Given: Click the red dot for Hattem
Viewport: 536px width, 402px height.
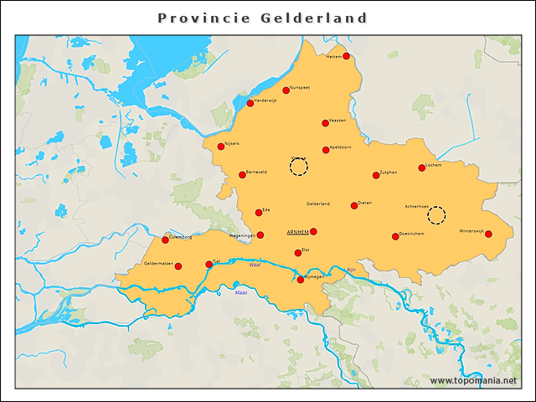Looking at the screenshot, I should click(x=346, y=56).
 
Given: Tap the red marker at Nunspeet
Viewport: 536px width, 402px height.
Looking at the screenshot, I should click(x=286, y=90).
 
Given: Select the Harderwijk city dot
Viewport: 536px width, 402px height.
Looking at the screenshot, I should click(x=250, y=103).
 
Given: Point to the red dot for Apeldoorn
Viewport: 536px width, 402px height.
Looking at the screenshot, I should click(x=326, y=150).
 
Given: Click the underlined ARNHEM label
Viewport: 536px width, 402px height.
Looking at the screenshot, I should click(x=297, y=231).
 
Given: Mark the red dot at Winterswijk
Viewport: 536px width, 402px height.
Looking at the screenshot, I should click(x=488, y=234).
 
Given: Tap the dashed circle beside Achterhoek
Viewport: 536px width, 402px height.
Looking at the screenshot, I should click(x=436, y=216).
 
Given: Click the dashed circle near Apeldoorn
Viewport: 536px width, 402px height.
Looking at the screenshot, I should click(x=299, y=167).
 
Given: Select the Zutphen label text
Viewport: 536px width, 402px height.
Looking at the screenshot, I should click(x=389, y=172).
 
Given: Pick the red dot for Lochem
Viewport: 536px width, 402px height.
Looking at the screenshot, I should click(x=422, y=167).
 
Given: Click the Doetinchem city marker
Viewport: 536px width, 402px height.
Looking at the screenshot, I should click(x=395, y=236).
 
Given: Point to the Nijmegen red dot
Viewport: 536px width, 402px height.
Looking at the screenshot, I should click(x=301, y=280).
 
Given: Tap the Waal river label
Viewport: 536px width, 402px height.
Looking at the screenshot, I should click(x=255, y=265).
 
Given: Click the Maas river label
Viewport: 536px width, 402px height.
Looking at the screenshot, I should click(x=241, y=293).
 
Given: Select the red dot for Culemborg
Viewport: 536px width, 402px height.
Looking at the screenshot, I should click(x=165, y=240).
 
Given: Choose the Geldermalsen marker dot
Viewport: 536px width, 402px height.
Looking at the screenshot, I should click(x=178, y=266).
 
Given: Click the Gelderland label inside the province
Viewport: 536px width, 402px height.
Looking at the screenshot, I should click(x=318, y=204).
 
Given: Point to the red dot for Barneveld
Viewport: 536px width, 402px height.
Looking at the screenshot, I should click(x=242, y=175).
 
